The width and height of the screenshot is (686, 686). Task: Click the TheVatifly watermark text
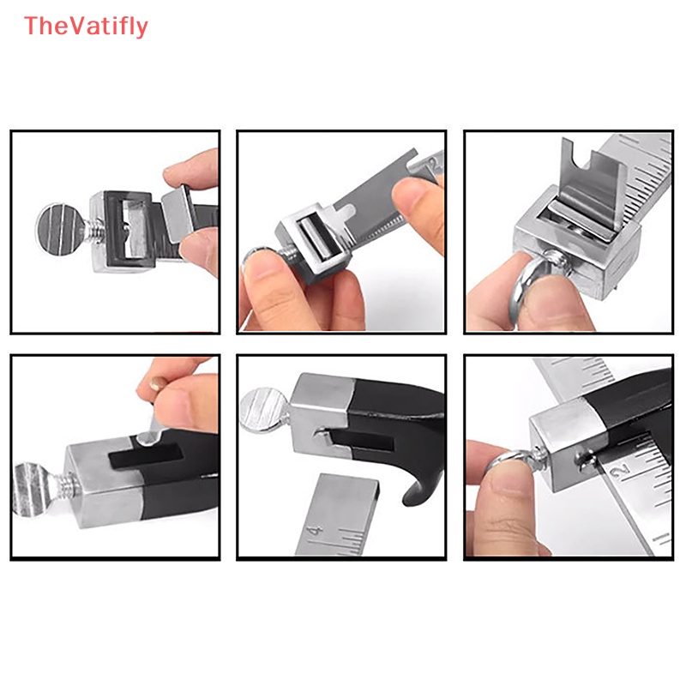click(x=87, y=27)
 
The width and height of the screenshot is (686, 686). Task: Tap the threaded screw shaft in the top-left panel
click(x=93, y=232)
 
